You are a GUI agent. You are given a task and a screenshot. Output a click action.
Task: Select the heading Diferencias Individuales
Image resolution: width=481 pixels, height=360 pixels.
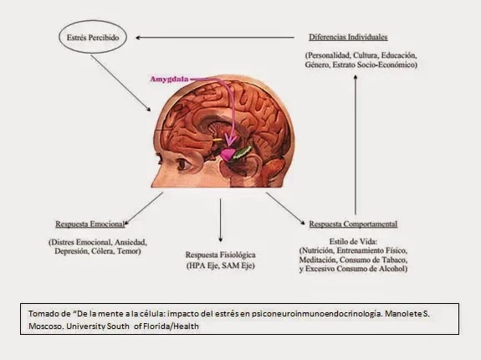click(348, 37)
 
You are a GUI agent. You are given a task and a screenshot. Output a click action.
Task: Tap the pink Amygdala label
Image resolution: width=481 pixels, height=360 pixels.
click(169, 80)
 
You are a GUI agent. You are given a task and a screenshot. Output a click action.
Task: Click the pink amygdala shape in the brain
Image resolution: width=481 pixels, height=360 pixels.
click(228, 154)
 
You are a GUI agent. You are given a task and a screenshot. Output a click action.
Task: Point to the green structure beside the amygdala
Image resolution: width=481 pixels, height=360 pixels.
click(243, 152)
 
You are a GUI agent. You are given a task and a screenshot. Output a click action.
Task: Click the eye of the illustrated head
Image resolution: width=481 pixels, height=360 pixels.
click(184, 164)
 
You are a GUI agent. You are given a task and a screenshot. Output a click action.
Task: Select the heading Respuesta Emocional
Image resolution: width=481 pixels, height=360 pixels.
click(90, 224)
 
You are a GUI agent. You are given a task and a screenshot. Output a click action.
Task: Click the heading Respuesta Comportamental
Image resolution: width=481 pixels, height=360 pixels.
click(353, 224)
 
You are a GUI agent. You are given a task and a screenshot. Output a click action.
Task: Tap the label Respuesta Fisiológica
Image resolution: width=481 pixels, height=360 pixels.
click(221, 255)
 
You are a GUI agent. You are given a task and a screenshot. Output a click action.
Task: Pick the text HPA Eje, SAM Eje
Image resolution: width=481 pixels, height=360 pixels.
click(221, 265)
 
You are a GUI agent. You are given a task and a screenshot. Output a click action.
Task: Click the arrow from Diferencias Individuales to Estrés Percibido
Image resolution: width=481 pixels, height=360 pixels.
click(215, 38)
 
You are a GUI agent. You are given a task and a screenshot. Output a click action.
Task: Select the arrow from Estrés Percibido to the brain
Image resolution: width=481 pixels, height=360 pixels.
click(120, 83)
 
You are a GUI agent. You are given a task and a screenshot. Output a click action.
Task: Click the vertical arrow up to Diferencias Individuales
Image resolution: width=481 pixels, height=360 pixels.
click(356, 145)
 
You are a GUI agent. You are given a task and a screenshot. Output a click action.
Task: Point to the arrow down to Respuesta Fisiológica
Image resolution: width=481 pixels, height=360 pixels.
click(220, 220)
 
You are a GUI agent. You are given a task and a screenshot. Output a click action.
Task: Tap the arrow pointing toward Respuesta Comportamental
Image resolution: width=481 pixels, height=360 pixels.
click(285, 208)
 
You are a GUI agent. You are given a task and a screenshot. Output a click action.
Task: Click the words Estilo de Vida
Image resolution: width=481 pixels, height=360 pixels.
click(353, 241)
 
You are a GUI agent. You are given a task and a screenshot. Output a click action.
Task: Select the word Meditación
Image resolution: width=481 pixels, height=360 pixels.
click(318, 260)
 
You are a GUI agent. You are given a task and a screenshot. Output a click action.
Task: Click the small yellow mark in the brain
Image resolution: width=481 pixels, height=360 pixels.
click(217, 140)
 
